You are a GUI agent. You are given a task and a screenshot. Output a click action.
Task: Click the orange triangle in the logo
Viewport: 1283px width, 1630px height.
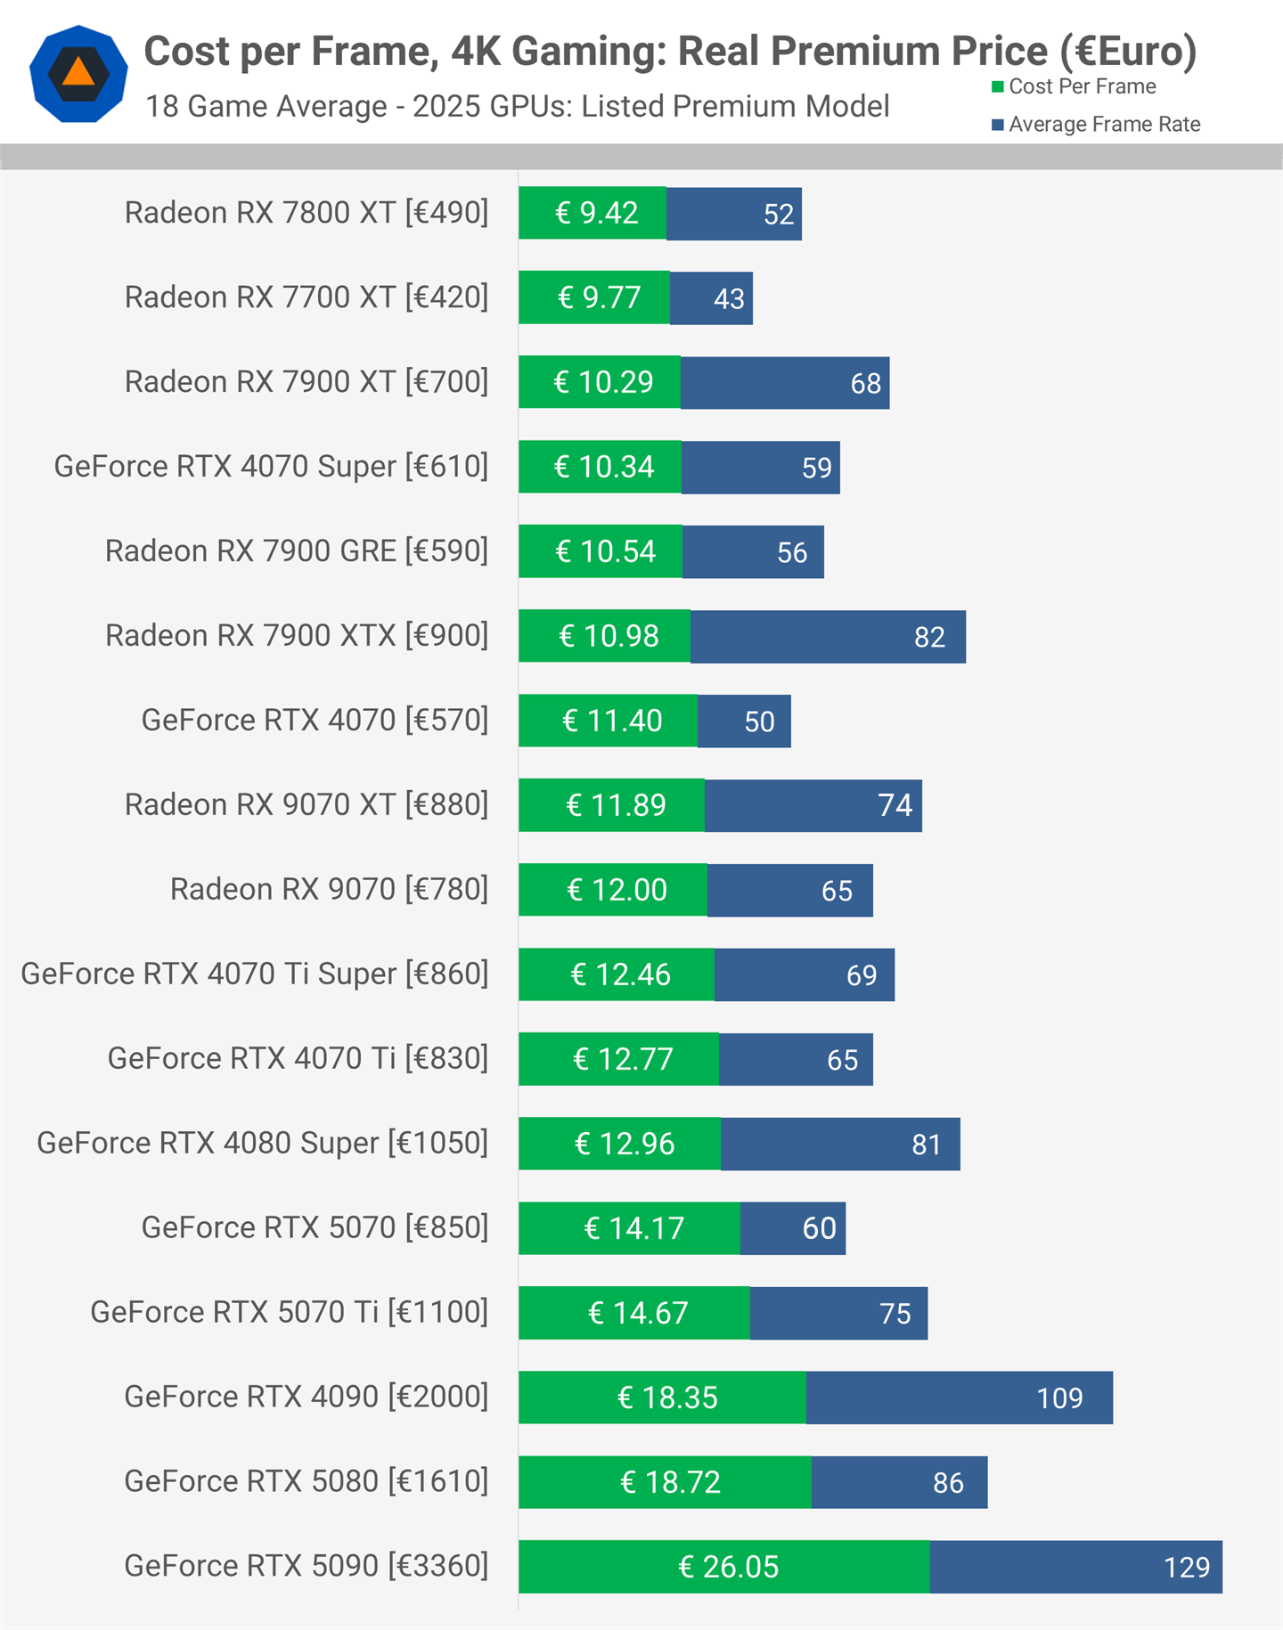click(x=78, y=71)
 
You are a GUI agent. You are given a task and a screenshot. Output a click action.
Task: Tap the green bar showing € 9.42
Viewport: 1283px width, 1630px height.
click(x=592, y=213)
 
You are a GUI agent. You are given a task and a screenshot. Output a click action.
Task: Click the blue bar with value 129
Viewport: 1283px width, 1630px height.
click(x=1075, y=1567)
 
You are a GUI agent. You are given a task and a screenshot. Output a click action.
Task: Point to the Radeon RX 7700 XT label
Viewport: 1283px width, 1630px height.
click(x=306, y=297)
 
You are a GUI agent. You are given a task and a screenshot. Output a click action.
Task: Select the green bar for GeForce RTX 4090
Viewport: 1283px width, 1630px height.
click(x=662, y=1398)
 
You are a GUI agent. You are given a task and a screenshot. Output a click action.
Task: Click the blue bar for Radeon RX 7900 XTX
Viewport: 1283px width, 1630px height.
click(x=828, y=636)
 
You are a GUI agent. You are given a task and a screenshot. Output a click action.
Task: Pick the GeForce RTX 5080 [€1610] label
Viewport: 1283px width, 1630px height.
click(x=306, y=1481)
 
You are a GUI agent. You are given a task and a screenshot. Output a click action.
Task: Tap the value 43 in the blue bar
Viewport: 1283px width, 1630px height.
click(x=729, y=298)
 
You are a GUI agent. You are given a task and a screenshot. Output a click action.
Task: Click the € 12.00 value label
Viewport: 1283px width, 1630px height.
click(x=617, y=890)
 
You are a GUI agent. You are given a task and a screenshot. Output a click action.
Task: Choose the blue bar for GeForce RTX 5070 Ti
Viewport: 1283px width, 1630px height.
click(x=838, y=1313)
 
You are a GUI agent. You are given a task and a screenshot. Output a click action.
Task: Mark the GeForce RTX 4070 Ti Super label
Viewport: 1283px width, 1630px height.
click(x=255, y=974)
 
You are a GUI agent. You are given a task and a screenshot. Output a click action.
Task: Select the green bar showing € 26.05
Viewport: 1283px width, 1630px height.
click(x=724, y=1567)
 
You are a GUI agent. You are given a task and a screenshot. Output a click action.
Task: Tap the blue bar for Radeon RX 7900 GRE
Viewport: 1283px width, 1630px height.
click(x=753, y=551)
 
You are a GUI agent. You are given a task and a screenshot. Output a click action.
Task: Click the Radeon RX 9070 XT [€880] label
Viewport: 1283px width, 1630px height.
click(x=306, y=804)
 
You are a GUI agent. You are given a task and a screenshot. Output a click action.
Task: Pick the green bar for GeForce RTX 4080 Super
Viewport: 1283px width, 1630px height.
click(x=620, y=1144)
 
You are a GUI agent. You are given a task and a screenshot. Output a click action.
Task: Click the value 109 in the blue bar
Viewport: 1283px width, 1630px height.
click(x=1059, y=1398)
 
